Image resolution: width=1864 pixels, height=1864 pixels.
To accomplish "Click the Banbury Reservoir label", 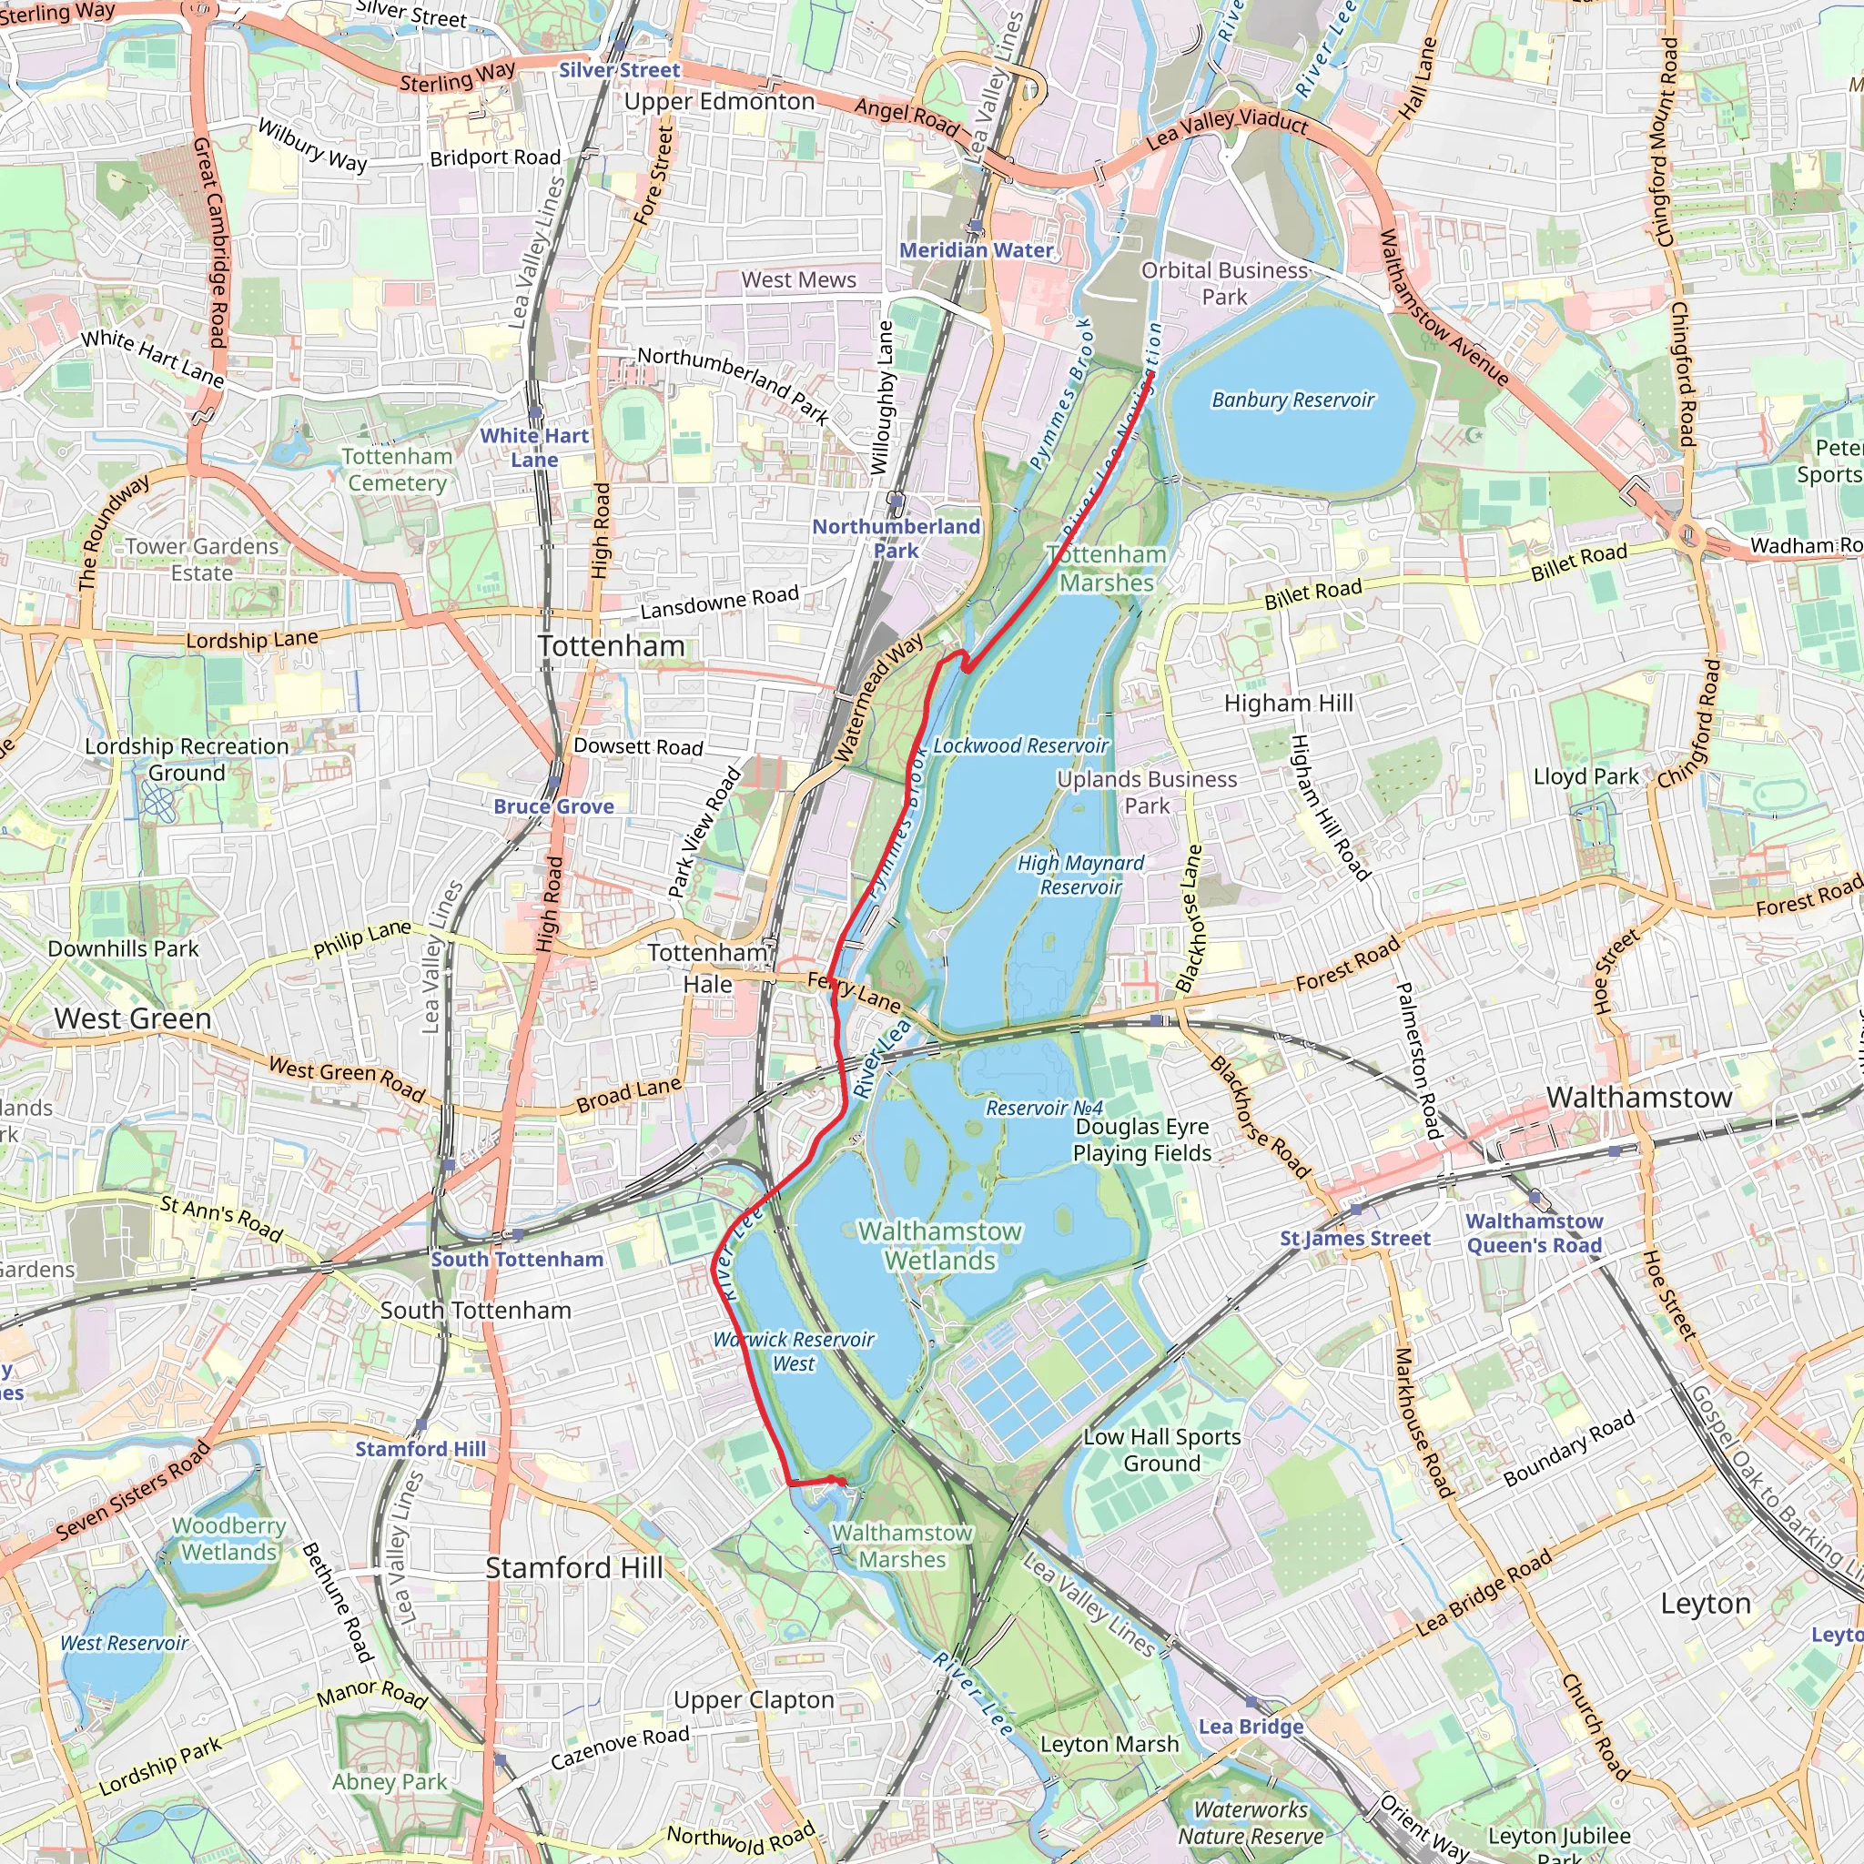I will click(1292, 400).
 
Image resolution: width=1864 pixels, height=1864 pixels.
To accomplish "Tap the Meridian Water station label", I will click(977, 250).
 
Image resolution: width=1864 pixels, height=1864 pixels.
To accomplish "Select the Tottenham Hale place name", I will click(709, 967).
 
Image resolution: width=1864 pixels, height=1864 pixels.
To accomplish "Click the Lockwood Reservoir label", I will click(1021, 745).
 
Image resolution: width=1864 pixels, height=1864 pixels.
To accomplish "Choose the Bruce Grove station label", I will click(553, 805).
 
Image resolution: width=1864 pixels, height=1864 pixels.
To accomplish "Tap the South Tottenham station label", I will click(517, 1259).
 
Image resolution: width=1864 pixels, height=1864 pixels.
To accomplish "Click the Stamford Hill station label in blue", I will click(420, 1448).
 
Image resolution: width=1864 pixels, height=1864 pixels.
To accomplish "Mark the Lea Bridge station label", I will click(1251, 1726).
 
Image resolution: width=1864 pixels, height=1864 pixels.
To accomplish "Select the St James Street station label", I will click(1354, 1238).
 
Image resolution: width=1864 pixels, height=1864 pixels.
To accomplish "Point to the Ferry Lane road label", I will click(855, 992).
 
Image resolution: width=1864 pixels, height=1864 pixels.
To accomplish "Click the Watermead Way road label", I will click(877, 697).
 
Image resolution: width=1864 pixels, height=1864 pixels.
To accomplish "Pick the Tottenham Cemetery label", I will click(398, 470).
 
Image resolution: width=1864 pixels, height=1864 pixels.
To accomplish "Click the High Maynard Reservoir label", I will click(1080, 875).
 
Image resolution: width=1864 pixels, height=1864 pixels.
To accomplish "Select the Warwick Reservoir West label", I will click(794, 1352).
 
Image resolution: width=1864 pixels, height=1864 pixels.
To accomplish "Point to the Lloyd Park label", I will click(1586, 776).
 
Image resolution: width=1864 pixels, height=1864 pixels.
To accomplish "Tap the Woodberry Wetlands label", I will click(229, 1539).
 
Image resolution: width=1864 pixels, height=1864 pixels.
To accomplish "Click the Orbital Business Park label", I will click(1224, 284).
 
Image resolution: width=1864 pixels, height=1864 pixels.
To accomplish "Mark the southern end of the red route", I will click(843, 1482).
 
